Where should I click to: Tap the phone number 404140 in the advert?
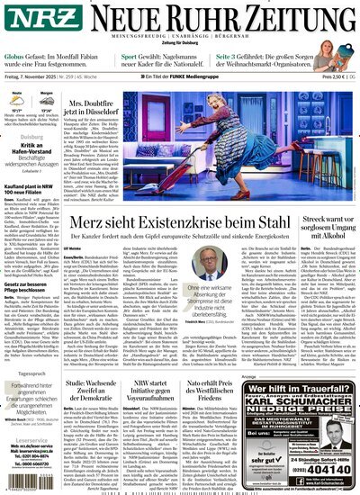coord(327,470)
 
